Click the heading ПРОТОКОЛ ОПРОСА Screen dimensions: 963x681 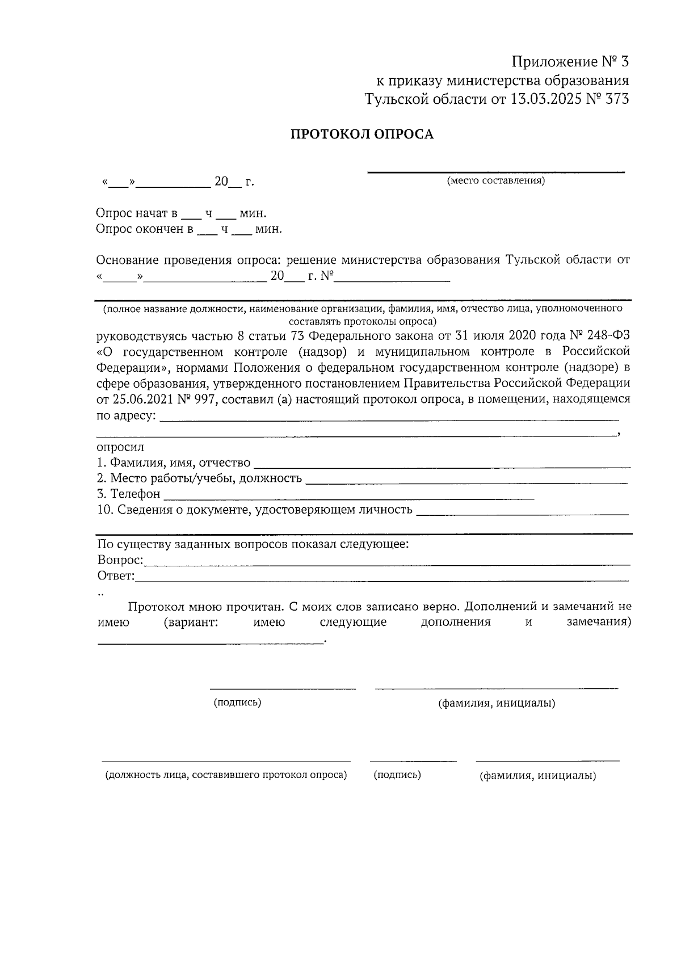[362, 134]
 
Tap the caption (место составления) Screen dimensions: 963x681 [495, 181]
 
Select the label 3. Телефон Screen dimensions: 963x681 [129, 494]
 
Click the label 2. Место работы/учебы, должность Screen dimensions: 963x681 [199, 478]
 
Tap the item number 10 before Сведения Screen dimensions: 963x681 [104, 510]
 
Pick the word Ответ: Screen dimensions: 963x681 [116, 577]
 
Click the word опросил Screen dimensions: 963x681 [120, 447]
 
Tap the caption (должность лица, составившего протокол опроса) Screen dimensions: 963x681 [226, 775]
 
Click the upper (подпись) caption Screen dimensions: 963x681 [237, 703]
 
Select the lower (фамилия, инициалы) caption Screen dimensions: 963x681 [537, 776]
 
